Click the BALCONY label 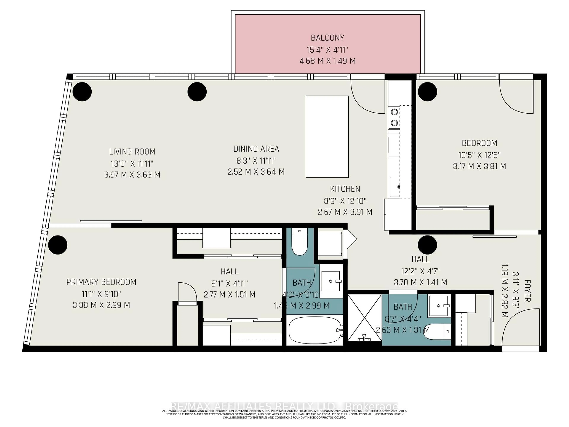(327, 38)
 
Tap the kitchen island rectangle (327, 137)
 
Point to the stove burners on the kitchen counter (394, 117)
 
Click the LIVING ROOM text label (132, 152)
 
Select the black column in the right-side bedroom (427, 92)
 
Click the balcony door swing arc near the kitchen (367, 98)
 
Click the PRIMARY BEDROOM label (101, 282)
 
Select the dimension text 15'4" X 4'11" (327, 50)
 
